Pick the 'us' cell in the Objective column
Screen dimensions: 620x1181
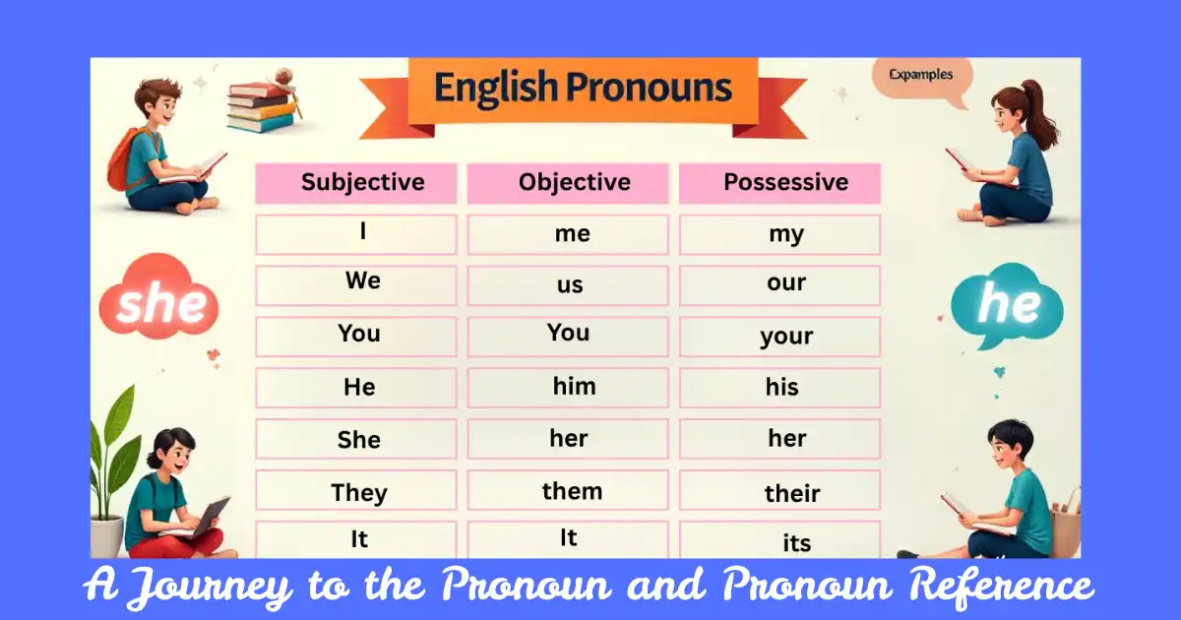568,285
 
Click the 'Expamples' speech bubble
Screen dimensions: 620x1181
920,77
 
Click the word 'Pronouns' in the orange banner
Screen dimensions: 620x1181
653,89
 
